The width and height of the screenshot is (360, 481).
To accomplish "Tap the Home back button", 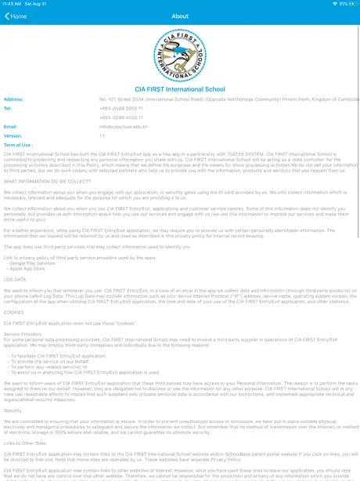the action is [x=16, y=16].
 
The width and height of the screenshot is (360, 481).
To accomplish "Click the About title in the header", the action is [x=180, y=16].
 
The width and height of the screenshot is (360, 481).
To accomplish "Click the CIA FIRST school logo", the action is [x=180, y=56].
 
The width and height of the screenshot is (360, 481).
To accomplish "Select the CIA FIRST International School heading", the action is [x=180, y=89].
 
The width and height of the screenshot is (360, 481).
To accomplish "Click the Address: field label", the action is [x=14, y=99].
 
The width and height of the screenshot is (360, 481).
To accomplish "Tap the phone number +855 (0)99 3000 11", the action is [x=121, y=109].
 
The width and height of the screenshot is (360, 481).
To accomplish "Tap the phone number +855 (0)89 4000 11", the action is [x=121, y=118].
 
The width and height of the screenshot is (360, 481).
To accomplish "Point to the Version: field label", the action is [x=13, y=136].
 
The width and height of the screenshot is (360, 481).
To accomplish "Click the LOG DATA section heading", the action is [x=15, y=279].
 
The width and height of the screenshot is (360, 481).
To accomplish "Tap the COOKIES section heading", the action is [x=14, y=311].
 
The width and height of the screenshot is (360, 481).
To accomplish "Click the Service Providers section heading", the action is [x=23, y=334].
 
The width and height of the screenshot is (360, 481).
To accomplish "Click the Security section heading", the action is [x=13, y=410].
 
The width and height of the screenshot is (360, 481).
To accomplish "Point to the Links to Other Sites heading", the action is [x=24, y=443].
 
